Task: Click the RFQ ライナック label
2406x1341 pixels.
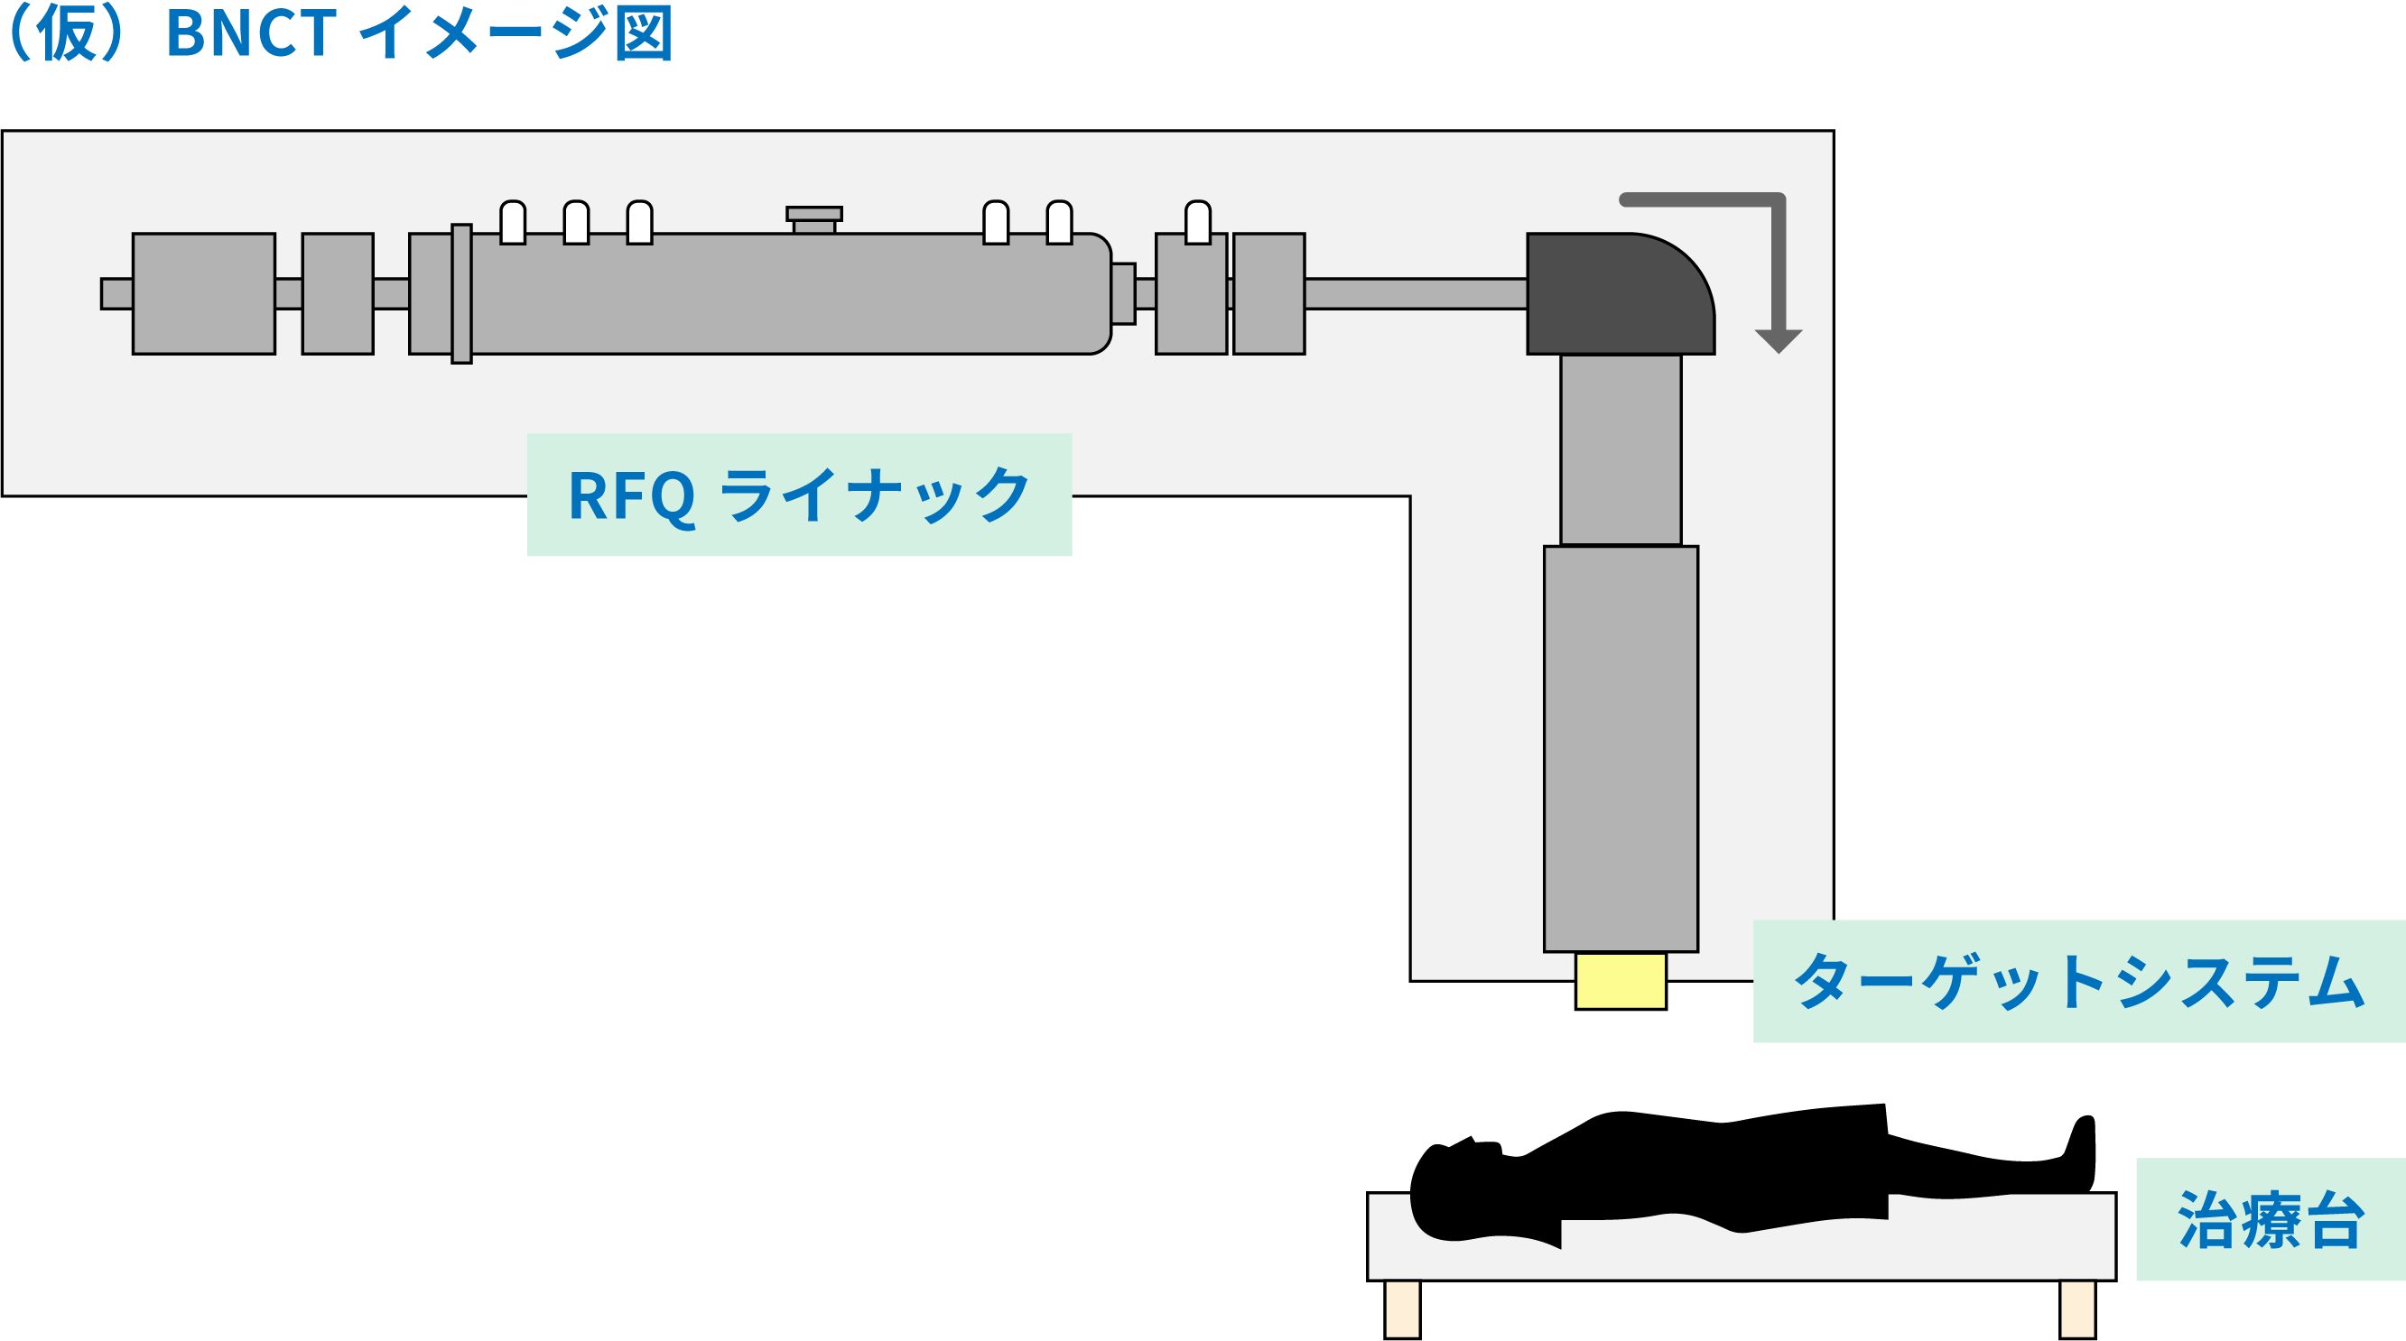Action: click(799, 495)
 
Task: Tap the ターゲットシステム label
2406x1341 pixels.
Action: click(2078, 982)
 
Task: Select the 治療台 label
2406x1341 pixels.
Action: click(2270, 1219)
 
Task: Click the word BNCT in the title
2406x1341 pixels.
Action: click(250, 33)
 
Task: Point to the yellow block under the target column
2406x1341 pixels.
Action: click(1621, 981)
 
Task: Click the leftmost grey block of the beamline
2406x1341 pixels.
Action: click(204, 293)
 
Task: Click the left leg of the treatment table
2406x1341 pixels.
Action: click(1402, 1309)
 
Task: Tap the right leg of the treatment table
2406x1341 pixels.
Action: click(2077, 1309)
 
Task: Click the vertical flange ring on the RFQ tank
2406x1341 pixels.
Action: click(461, 293)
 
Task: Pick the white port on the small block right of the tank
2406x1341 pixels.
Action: click(1197, 222)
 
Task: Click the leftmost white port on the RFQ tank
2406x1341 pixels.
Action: click(513, 222)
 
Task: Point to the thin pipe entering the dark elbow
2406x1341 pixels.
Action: click(1415, 293)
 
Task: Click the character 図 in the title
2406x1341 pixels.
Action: click(644, 33)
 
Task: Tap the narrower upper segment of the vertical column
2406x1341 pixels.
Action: click(1621, 450)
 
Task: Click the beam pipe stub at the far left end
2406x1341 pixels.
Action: click(116, 293)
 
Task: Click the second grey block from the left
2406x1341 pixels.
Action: click(337, 293)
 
